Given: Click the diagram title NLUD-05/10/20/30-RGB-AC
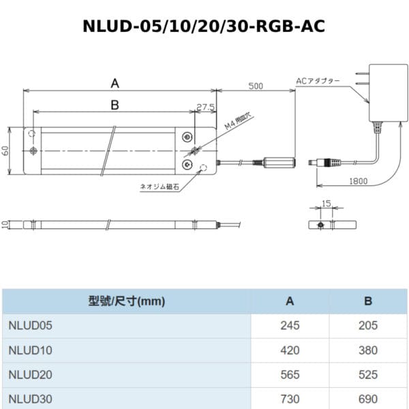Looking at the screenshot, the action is [x=204, y=26].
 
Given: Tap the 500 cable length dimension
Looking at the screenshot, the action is [x=256, y=86].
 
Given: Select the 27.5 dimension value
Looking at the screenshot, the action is [x=206, y=107].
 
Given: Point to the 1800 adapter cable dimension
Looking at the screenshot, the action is [x=359, y=181].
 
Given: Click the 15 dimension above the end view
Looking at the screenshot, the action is [x=327, y=203].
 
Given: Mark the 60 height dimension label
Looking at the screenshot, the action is [x=5, y=151].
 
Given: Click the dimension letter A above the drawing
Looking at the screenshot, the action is [x=115, y=83].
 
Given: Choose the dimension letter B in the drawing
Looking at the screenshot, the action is [x=115, y=105].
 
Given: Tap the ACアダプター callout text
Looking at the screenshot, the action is [x=318, y=81].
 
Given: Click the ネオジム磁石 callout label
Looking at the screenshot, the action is [x=160, y=187].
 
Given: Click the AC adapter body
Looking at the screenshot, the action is [x=389, y=93].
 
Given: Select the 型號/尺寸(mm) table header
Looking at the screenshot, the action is [x=127, y=301].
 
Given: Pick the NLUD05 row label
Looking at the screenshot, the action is [x=30, y=326].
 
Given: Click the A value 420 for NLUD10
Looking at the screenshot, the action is [x=290, y=350].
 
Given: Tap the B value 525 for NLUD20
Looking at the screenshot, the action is [x=368, y=375].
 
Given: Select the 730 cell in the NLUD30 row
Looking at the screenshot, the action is [x=290, y=399].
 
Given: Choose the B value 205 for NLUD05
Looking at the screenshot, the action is [x=368, y=326].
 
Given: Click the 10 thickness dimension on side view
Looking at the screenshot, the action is [x=5, y=224].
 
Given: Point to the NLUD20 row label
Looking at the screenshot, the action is [x=30, y=375].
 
